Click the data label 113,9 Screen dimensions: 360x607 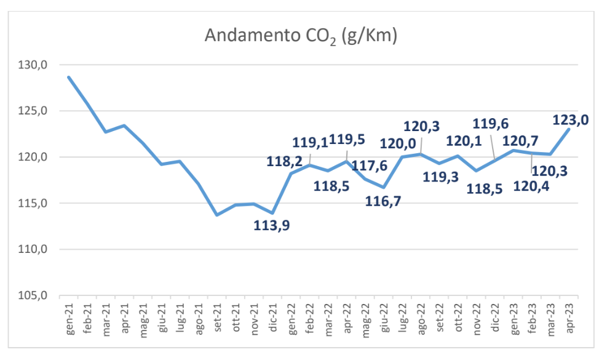click(x=272, y=225)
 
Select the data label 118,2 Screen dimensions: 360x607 click(x=284, y=162)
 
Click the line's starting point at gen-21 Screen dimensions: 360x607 click(x=69, y=77)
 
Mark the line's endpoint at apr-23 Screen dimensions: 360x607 click(x=568, y=129)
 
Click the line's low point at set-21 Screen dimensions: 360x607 click(x=216, y=215)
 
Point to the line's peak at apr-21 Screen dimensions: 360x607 click(x=124, y=126)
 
